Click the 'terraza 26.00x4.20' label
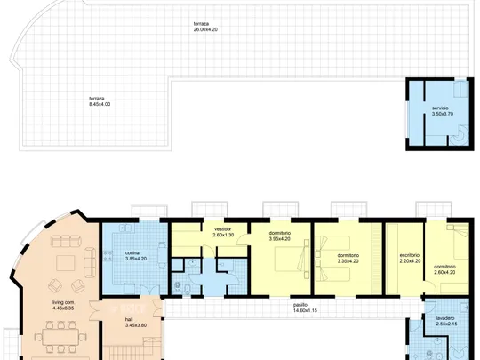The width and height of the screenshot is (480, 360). (205, 27)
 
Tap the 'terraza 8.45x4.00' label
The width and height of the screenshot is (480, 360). (100, 101)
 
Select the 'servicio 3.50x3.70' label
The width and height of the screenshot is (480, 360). (443, 111)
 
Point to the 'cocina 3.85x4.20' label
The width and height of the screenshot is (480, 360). (136, 256)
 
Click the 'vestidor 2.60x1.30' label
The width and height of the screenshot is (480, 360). (223, 232)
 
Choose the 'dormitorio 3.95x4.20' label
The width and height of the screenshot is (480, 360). (279, 236)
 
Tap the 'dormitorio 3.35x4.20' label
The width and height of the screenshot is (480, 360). (348, 259)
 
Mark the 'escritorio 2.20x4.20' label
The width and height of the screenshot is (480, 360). (410, 258)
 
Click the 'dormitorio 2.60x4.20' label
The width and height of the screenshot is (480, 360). (444, 269)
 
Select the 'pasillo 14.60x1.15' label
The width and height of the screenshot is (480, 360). (305, 308)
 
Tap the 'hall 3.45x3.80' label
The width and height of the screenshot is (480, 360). (136, 323)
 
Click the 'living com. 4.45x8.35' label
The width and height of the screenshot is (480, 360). (63, 305)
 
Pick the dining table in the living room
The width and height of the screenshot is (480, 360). (60, 337)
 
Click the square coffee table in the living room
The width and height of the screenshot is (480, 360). (65, 263)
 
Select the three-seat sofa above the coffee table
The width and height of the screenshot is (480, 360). (65, 241)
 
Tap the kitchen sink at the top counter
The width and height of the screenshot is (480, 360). (125, 228)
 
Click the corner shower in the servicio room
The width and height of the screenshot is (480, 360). (460, 135)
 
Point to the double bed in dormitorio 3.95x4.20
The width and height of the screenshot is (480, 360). (291, 259)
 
